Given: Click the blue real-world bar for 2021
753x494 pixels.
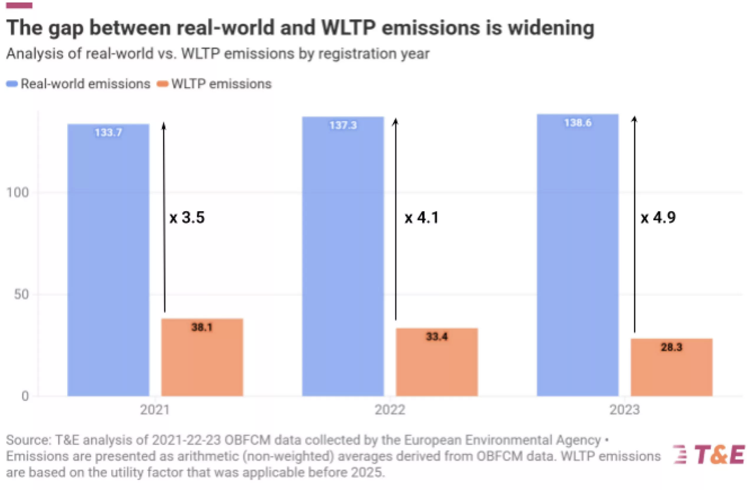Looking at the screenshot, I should (x=108, y=260).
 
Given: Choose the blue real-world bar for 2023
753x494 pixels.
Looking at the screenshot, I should (x=578, y=255).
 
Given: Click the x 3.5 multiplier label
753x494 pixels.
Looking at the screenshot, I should (x=187, y=217).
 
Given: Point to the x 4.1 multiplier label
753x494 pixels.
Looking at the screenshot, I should (x=422, y=217).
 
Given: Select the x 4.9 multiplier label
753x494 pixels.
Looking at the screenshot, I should (x=658, y=217).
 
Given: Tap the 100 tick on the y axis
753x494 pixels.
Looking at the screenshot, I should (x=17, y=193).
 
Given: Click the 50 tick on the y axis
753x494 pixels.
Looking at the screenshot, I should (x=21, y=294).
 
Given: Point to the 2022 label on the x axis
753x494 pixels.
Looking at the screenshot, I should (x=390, y=410).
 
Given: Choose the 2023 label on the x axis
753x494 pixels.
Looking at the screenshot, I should (x=624, y=410).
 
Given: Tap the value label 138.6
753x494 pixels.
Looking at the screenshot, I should (x=578, y=123).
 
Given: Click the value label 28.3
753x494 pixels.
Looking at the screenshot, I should (x=671, y=347).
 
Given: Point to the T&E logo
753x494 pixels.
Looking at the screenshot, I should (x=709, y=455).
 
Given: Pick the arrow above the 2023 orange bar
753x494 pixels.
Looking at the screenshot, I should (x=634, y=224).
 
